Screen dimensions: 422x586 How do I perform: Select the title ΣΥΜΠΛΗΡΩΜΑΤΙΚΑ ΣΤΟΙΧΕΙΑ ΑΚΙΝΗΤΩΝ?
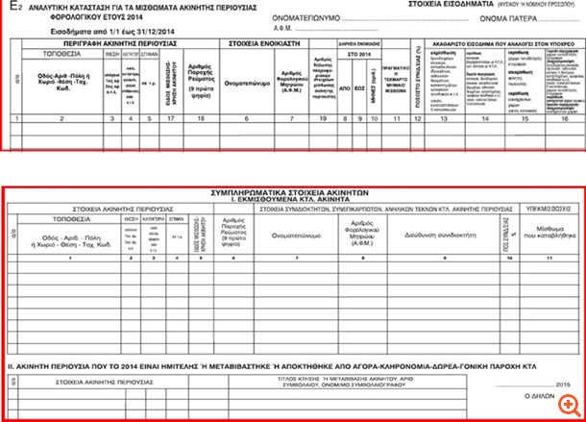(x=293, y=192)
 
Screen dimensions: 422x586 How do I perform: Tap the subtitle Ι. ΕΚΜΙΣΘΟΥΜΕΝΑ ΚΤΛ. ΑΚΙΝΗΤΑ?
(x=293, y=199)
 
